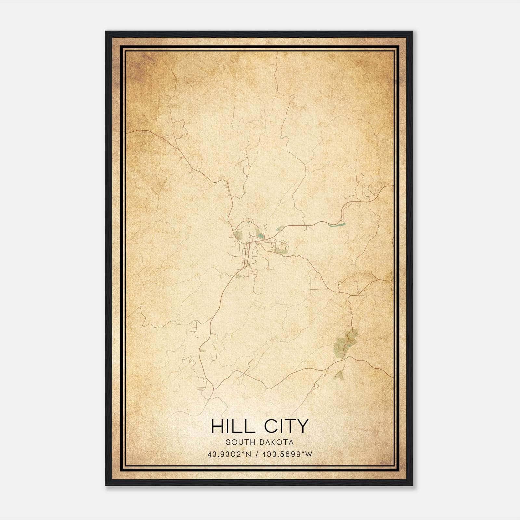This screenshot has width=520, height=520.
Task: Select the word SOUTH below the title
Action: pyautogui.click(x=237, y=442)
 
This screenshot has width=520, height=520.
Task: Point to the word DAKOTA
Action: pyautogui.click(x=276, y=442)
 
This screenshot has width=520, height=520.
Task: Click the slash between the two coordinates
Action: pyautogui.click(x=257, y=454)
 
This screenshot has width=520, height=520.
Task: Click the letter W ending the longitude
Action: pyautogui.click(x=309, y=454)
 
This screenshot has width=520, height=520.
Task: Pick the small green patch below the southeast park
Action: pyautogui.click(x=339, y=375)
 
